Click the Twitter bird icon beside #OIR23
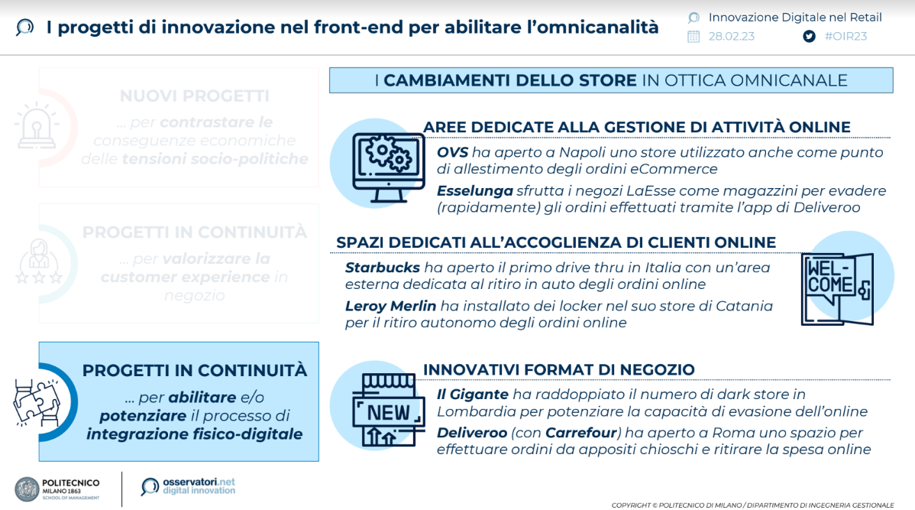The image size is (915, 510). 809,36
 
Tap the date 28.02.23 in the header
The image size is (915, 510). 731,36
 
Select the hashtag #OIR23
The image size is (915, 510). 845,36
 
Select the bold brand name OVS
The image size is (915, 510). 452,152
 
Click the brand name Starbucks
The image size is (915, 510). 382,268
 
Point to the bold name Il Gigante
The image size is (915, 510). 472,395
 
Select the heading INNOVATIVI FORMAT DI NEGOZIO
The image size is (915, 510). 558,370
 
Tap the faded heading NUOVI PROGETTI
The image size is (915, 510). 194,96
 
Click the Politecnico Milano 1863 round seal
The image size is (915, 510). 27,489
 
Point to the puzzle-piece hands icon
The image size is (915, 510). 37,402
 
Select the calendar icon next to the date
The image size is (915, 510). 694,36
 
